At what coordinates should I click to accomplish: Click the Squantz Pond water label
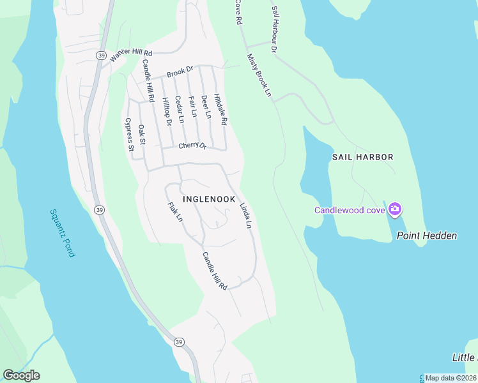pos(62,233)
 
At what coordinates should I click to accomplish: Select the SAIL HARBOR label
pos(362,156)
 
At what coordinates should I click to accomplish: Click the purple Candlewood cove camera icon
pos(395,209)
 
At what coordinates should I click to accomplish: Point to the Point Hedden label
pos(427,236)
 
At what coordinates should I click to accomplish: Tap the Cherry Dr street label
pos(192,146)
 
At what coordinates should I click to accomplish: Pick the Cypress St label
pos(129,134)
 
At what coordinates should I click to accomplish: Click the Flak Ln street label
pos(175,213)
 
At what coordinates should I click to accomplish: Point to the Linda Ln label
pos(245,216)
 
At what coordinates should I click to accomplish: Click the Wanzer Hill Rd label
pos(132,55)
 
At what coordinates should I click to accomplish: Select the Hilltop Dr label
pos(167,111)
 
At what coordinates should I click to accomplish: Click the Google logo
pos(21,375)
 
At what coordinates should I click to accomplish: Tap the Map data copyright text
pos(451,378)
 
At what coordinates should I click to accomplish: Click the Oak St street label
pos(142,134)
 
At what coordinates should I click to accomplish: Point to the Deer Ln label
pos(206,107)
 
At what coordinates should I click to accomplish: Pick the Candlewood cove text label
pos(348,210)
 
